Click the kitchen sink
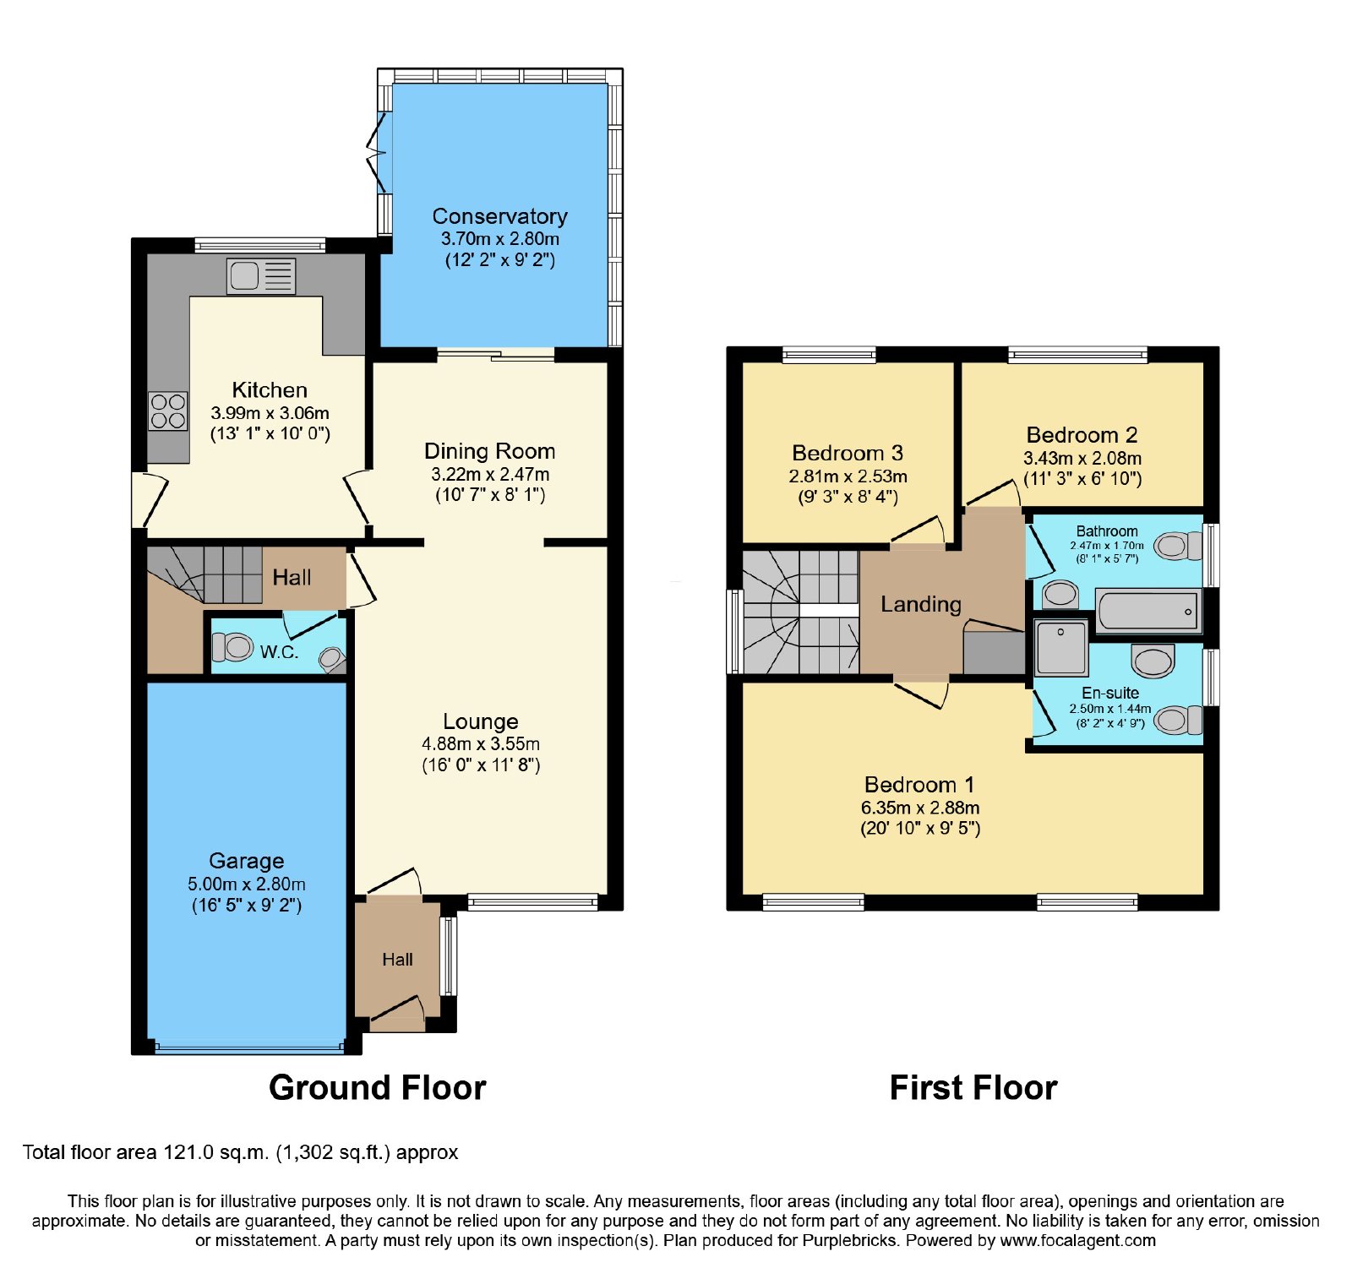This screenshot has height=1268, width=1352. [x=261, y=276]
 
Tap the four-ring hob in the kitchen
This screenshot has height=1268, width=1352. [x=168, y=411]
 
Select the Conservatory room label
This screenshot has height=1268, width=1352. [x=500, y=216]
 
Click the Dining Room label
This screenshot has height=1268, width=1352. [x=490, y=451]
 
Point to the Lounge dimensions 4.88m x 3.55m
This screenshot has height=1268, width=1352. [x=481, y=744]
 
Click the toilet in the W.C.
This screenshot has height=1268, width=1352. [x=232, y=648]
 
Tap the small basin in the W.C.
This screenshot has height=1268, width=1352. [x=332, y=659]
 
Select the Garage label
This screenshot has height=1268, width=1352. [x=247, y=861]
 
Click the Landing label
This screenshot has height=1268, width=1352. [x=921, y=604]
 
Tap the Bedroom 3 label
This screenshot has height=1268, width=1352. [x=848, y=454]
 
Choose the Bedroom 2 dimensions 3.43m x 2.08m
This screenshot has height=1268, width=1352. [x=1082, y=459]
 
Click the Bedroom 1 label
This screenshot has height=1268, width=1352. [x=919, y=785]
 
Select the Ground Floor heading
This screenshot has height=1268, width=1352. [x=378, y=1088]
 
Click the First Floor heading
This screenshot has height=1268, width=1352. [x=973, y=1088]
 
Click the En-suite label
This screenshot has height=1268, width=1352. [x=1110, y=693]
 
